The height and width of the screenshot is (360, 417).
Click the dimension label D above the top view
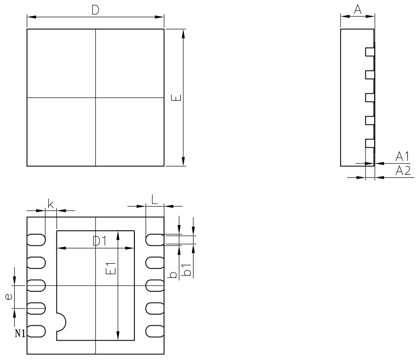95,11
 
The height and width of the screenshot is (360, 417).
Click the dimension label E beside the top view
175,97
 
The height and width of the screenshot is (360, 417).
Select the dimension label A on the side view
357,8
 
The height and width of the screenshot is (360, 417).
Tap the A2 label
403,171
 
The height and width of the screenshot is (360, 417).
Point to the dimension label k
51,204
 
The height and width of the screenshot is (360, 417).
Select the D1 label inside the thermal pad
100,241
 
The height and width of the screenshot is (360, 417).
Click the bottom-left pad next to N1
37,331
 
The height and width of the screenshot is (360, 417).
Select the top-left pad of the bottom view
37,239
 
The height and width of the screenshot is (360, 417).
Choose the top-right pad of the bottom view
155,239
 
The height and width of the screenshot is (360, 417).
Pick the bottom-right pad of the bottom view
155,331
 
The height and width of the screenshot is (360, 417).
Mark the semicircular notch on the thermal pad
61,322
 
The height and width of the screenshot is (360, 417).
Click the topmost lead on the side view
369,51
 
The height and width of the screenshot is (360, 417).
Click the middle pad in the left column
37,285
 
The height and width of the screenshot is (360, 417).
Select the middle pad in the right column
155,285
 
